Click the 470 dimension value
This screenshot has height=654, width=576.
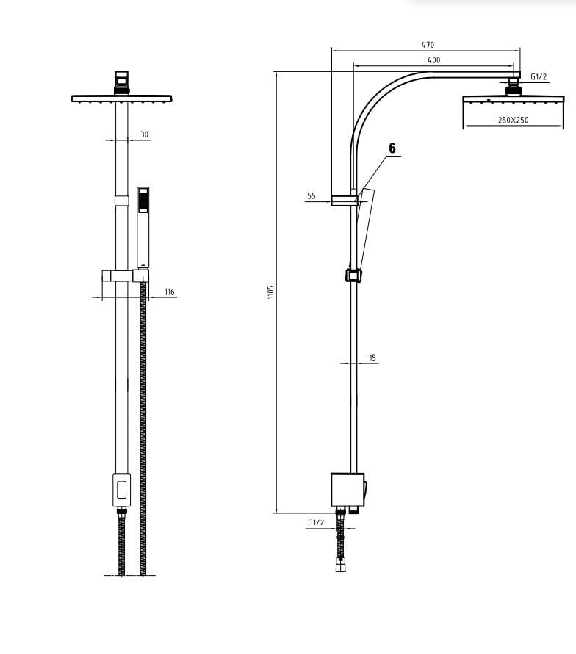tap(427, 45)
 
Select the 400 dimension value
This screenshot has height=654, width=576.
tap(433, 60)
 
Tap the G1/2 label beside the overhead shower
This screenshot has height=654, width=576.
tap(539, 76)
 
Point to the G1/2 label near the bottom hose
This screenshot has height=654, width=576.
tap(316, 522)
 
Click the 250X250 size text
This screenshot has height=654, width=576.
tap(513, 120)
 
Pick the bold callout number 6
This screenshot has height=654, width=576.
tap(392, 148)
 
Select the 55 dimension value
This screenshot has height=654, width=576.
tap(312, 196)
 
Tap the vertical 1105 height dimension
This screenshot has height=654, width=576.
tap(270, 292)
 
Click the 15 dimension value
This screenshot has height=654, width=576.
tap(372, 358)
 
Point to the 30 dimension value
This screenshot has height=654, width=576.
tap(144, 134)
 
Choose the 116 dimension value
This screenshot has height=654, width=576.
tap(170, 292)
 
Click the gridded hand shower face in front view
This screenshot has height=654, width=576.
tap(143, 200)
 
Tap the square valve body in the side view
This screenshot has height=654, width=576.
tap(347, 490)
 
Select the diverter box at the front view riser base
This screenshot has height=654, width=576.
tap(121, 489)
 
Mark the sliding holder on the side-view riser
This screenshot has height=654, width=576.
tap(353, 276)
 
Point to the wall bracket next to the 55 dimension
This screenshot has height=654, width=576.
tap(344, 200)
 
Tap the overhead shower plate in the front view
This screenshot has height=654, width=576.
tap(121, 98)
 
